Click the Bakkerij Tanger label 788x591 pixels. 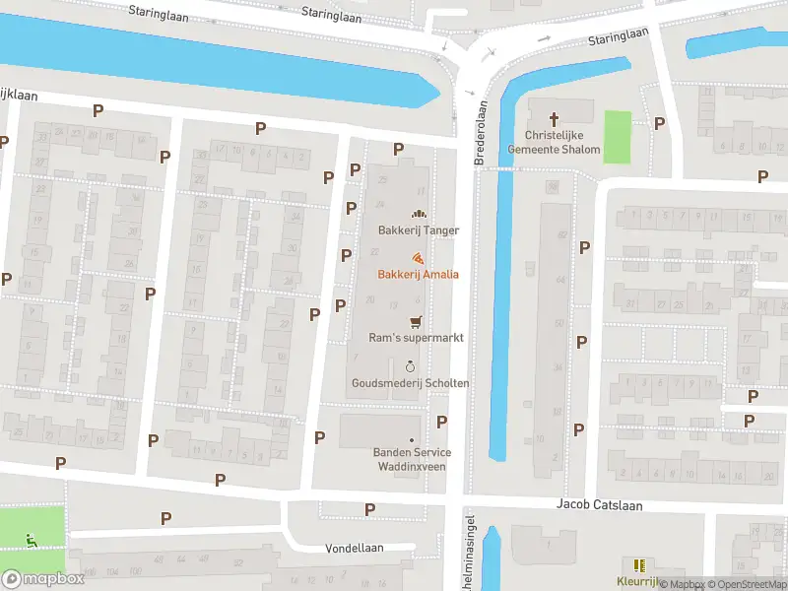pos(419,230)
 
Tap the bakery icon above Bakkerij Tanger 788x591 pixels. pos(419,214)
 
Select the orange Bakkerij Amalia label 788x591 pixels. pos(418,275)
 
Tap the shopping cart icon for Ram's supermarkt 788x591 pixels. pos(415,321)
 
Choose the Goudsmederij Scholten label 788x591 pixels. pos(410,383)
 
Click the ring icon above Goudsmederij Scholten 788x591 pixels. pos(410,366)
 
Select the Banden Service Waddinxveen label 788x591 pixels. pos(412,459)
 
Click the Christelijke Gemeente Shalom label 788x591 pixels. pos(554,143)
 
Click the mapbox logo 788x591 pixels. pos(43,579)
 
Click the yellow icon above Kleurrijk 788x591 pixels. pos(639,565)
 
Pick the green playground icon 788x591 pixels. pos(32,539)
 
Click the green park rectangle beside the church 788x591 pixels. pos(617,137)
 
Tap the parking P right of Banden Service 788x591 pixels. pos(441,422)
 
